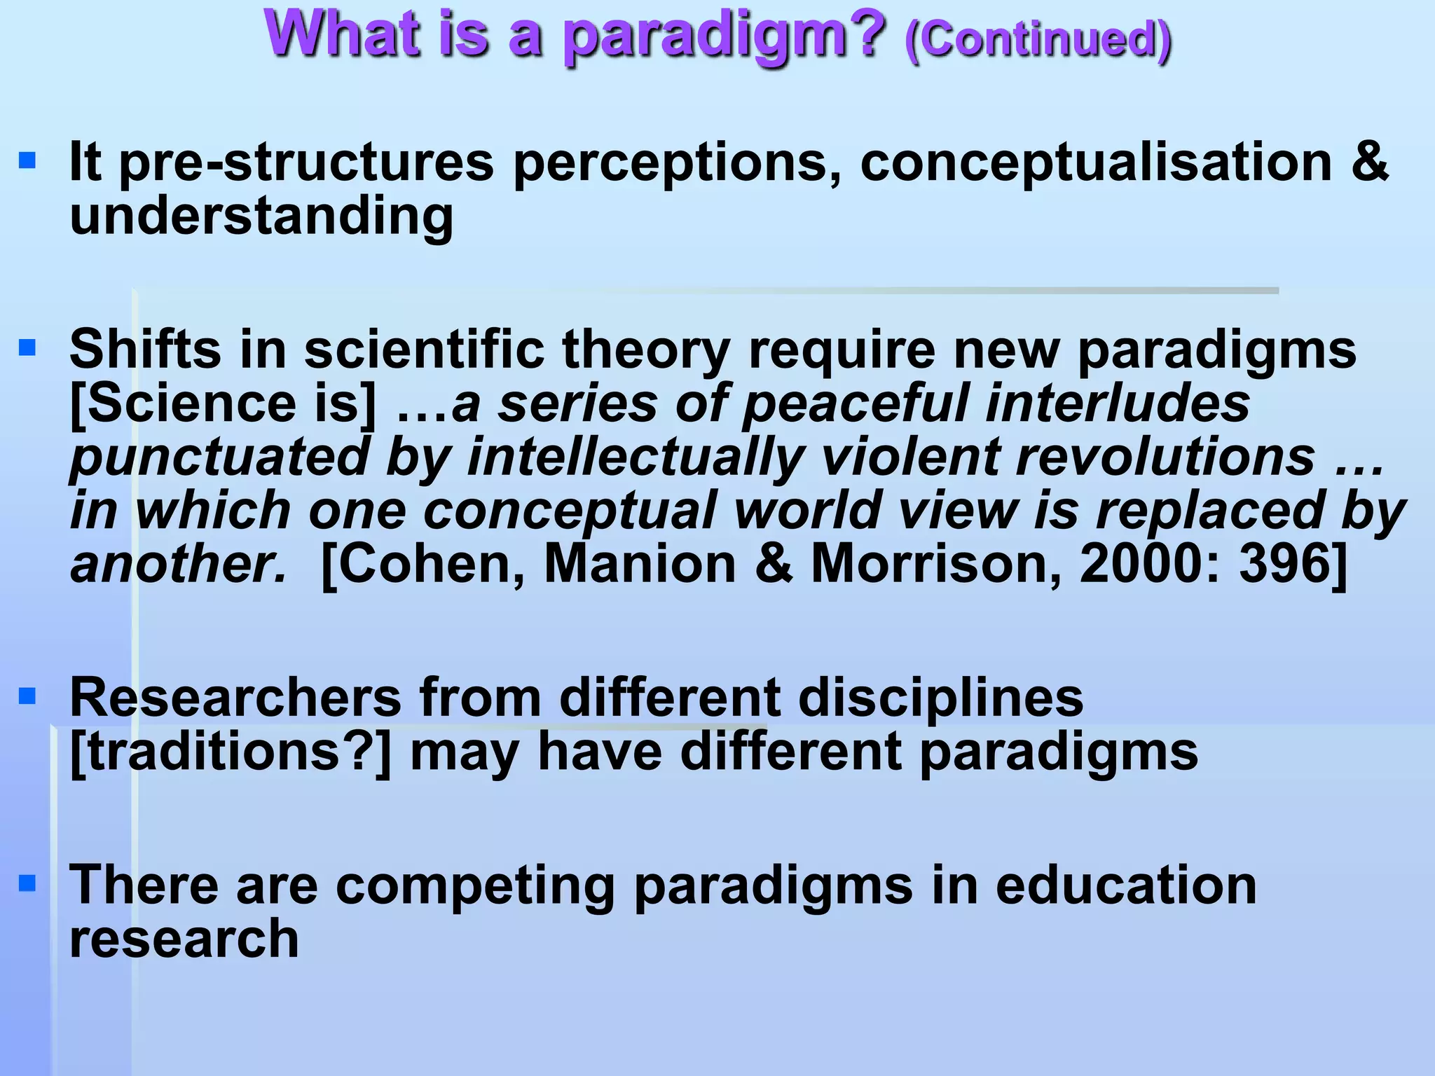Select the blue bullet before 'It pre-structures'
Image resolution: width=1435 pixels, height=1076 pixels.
(x=27, y=162)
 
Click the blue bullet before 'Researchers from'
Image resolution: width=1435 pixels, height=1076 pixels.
(x=27, y=696)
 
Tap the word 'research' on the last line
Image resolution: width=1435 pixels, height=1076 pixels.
(x=184, y=939)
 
